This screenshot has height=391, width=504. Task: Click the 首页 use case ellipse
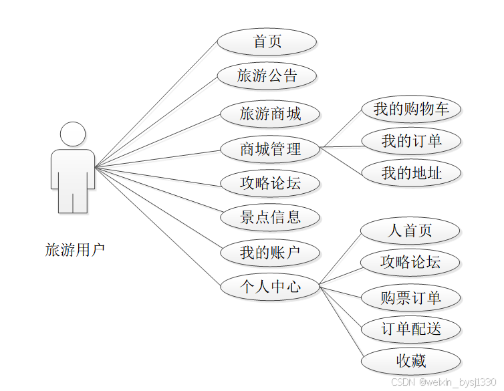coord(267,42)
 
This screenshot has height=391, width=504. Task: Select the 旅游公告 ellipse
coord(267,76)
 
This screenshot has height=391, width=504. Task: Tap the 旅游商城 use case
coord(270,114)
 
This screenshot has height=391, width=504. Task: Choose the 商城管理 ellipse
coord(270,149)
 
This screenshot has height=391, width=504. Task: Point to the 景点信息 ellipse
coord(270,217)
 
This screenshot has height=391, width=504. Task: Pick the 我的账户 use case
coord(270,253)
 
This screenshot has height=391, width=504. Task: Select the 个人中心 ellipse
coord(270,287)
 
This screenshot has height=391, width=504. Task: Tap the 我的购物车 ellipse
coord(410,109)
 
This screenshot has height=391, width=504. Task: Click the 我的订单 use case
coord(410,141)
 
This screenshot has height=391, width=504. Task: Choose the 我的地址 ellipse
coord(410,173)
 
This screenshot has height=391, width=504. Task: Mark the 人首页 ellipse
coord(410,231)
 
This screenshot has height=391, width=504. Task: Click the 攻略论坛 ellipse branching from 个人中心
coord(410,263)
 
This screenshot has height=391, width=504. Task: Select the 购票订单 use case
coord(410,297)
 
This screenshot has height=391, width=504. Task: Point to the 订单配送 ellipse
coord(410,329)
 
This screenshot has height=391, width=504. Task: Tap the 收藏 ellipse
coord(410,362)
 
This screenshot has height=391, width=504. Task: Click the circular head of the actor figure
coord(73,134)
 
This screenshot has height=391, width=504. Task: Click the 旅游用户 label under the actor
coord(75,250)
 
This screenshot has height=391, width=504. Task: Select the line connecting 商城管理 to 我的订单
coord(341,146)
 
